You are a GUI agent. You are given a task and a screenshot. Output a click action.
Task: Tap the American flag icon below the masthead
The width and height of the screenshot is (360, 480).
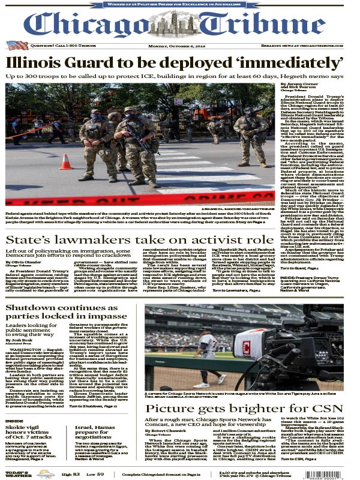point(17,45)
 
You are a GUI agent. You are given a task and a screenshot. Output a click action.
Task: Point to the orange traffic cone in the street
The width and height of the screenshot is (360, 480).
point(65,162)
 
